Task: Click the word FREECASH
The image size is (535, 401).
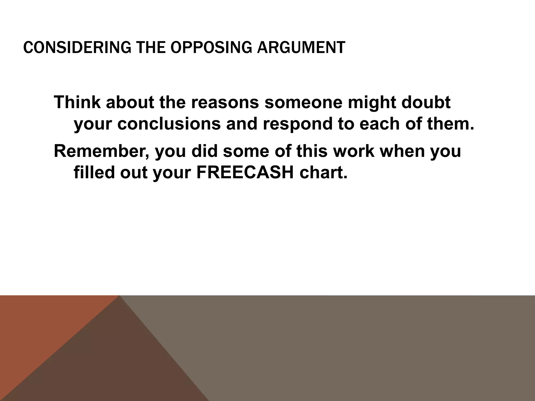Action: pos(245,173)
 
